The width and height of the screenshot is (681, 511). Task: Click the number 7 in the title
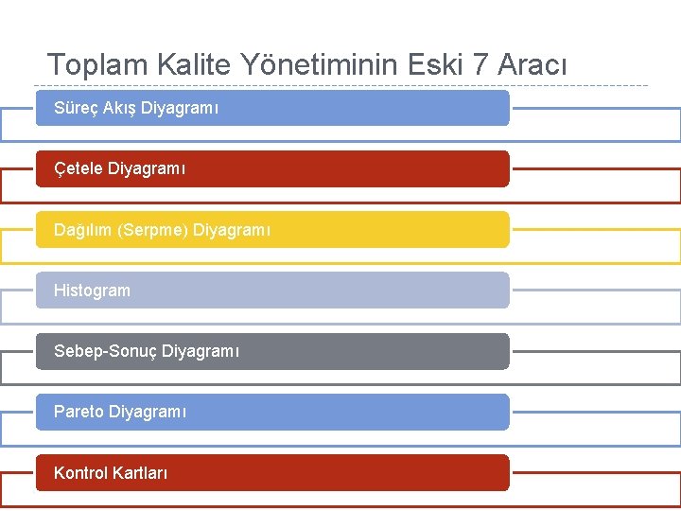(480, 65)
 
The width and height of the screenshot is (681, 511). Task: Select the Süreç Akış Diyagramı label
(136, 109)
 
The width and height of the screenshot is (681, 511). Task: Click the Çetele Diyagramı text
(120, 169)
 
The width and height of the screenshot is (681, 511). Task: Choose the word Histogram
(92, 291)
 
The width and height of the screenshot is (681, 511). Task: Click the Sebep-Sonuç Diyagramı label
(147, 351)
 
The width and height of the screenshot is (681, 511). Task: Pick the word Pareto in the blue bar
(79, 412)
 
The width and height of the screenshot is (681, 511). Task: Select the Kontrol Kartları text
(111, 472)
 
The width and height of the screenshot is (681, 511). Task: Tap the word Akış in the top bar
(118, 109)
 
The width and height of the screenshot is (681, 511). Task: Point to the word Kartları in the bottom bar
(140, 472)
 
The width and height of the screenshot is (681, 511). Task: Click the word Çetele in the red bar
(79, 169)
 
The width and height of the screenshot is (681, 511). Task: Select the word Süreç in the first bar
(75, 109)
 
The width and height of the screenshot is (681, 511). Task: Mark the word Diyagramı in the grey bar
(201, 351)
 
